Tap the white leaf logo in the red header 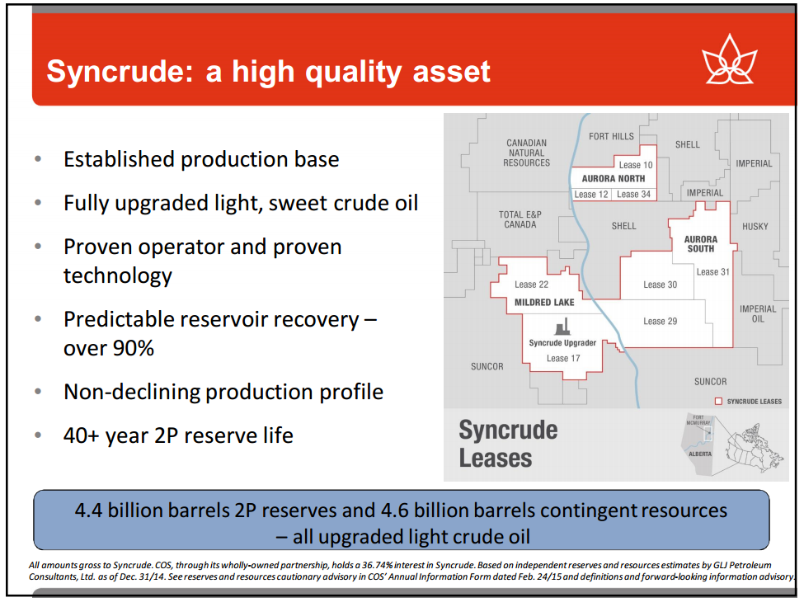coord(729,59)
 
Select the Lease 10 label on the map coord(635,165)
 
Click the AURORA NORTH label coord(614,178)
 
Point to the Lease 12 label coord(590,195)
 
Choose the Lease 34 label coord(633,195)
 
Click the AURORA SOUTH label coord(701,244)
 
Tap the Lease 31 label coord(712,272)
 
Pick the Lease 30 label coord(660,285)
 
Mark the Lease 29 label coord(660,322)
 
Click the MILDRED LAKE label coord(544,303)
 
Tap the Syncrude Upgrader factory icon coord(562,326)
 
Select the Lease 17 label coord(563,359)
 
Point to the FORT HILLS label coord(611,136)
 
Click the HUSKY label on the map coord(755,226)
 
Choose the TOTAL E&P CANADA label coord(520,219)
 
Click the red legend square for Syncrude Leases coord(718,402)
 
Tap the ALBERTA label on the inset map coord(700,454)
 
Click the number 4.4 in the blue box coord(89,511)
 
